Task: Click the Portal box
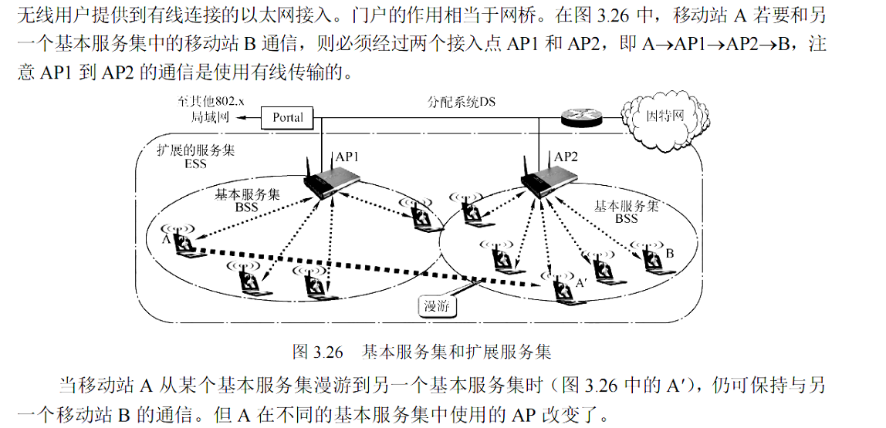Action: point(288,118)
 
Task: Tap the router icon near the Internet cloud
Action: point(580,117)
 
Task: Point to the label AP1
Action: point(347,157)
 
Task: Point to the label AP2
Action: point(566,157)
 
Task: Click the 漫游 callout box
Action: point(437,305)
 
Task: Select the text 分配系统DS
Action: point(462,102)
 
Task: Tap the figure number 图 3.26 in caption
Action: point(317,353)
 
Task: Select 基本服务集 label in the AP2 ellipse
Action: point(626,206)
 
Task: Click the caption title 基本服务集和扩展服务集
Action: point(457,353)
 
